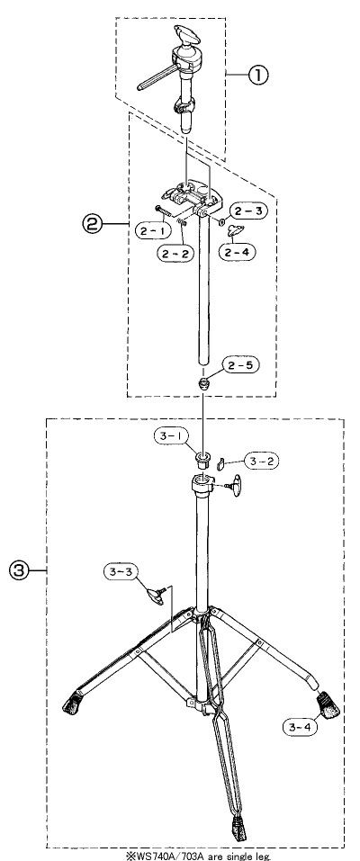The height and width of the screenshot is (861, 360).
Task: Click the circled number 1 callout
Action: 256,76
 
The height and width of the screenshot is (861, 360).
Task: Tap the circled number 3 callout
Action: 18,571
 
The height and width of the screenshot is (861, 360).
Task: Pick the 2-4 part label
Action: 237,252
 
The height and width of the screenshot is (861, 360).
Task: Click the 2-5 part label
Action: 240,364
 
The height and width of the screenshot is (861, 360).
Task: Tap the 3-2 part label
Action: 260,462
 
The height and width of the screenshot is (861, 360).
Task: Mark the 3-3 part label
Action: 121,571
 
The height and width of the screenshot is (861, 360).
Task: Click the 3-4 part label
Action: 301,727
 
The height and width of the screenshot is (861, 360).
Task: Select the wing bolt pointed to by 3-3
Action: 155,595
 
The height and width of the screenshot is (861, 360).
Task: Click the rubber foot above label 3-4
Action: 327,704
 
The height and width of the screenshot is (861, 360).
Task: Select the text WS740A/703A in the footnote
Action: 156,857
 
